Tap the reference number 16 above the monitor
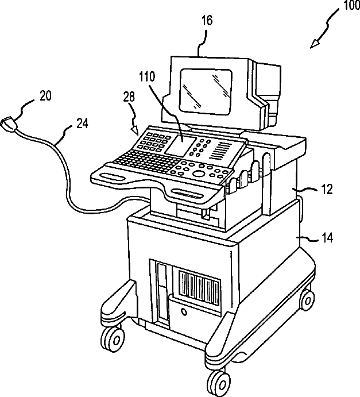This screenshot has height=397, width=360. point(207,21)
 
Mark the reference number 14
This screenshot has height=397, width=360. point(328,235)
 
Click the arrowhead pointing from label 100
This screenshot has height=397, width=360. point(314,44)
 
